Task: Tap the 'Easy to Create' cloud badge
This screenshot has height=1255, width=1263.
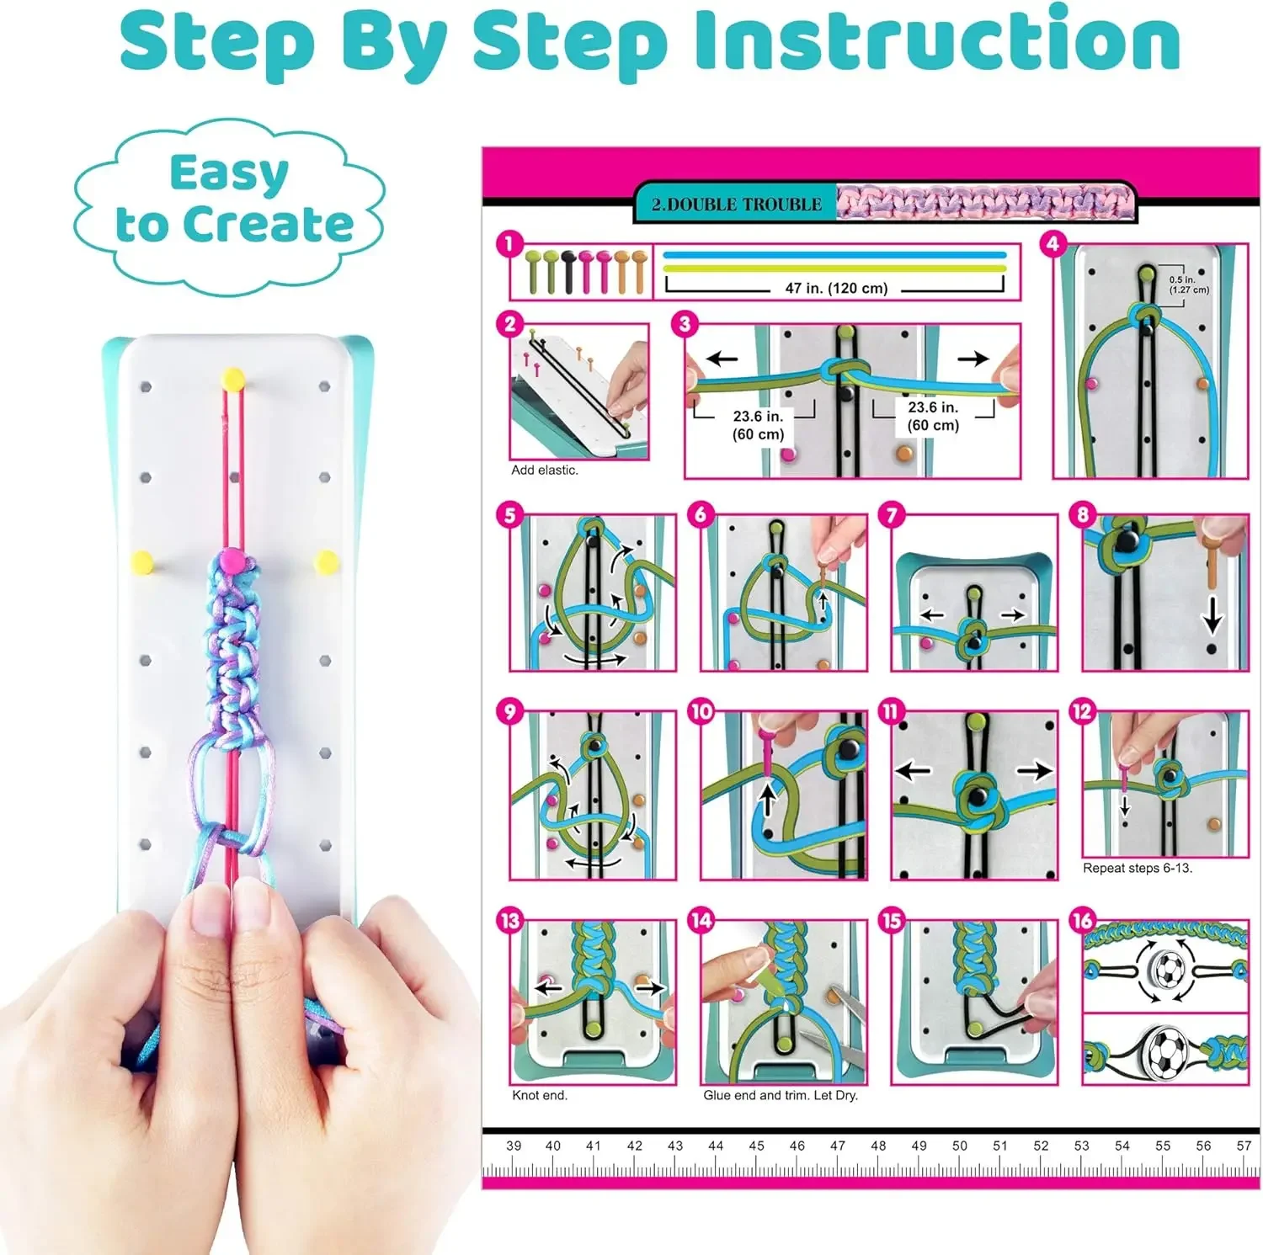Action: point(230,201)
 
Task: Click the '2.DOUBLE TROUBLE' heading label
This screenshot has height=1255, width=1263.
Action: point(736,205)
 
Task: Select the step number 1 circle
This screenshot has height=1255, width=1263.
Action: point(509,244)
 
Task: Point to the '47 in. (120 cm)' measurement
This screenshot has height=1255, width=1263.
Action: point(836,288)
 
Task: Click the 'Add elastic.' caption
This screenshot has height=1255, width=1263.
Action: point(545,471)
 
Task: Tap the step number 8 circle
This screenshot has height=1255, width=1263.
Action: point(1083,514)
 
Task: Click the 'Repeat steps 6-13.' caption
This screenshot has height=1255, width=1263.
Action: point(1138,868)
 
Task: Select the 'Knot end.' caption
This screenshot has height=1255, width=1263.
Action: point(540,1095)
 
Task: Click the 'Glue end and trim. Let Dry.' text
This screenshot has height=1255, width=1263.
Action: point(781,1095)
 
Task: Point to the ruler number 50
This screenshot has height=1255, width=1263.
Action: point(960,1146)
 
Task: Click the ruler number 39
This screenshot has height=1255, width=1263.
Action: point(514,1146)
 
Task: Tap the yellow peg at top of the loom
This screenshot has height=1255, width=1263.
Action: point(232,378)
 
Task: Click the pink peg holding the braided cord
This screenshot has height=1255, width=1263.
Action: point(232,558)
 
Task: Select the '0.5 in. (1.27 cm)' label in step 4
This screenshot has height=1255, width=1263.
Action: point(1188,285)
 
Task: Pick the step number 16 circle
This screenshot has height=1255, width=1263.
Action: point(1083,920)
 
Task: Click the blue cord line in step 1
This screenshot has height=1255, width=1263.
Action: point(834,254)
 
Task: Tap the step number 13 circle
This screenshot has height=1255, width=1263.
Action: point(510,920)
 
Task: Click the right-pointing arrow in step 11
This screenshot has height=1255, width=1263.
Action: point(1034,770)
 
